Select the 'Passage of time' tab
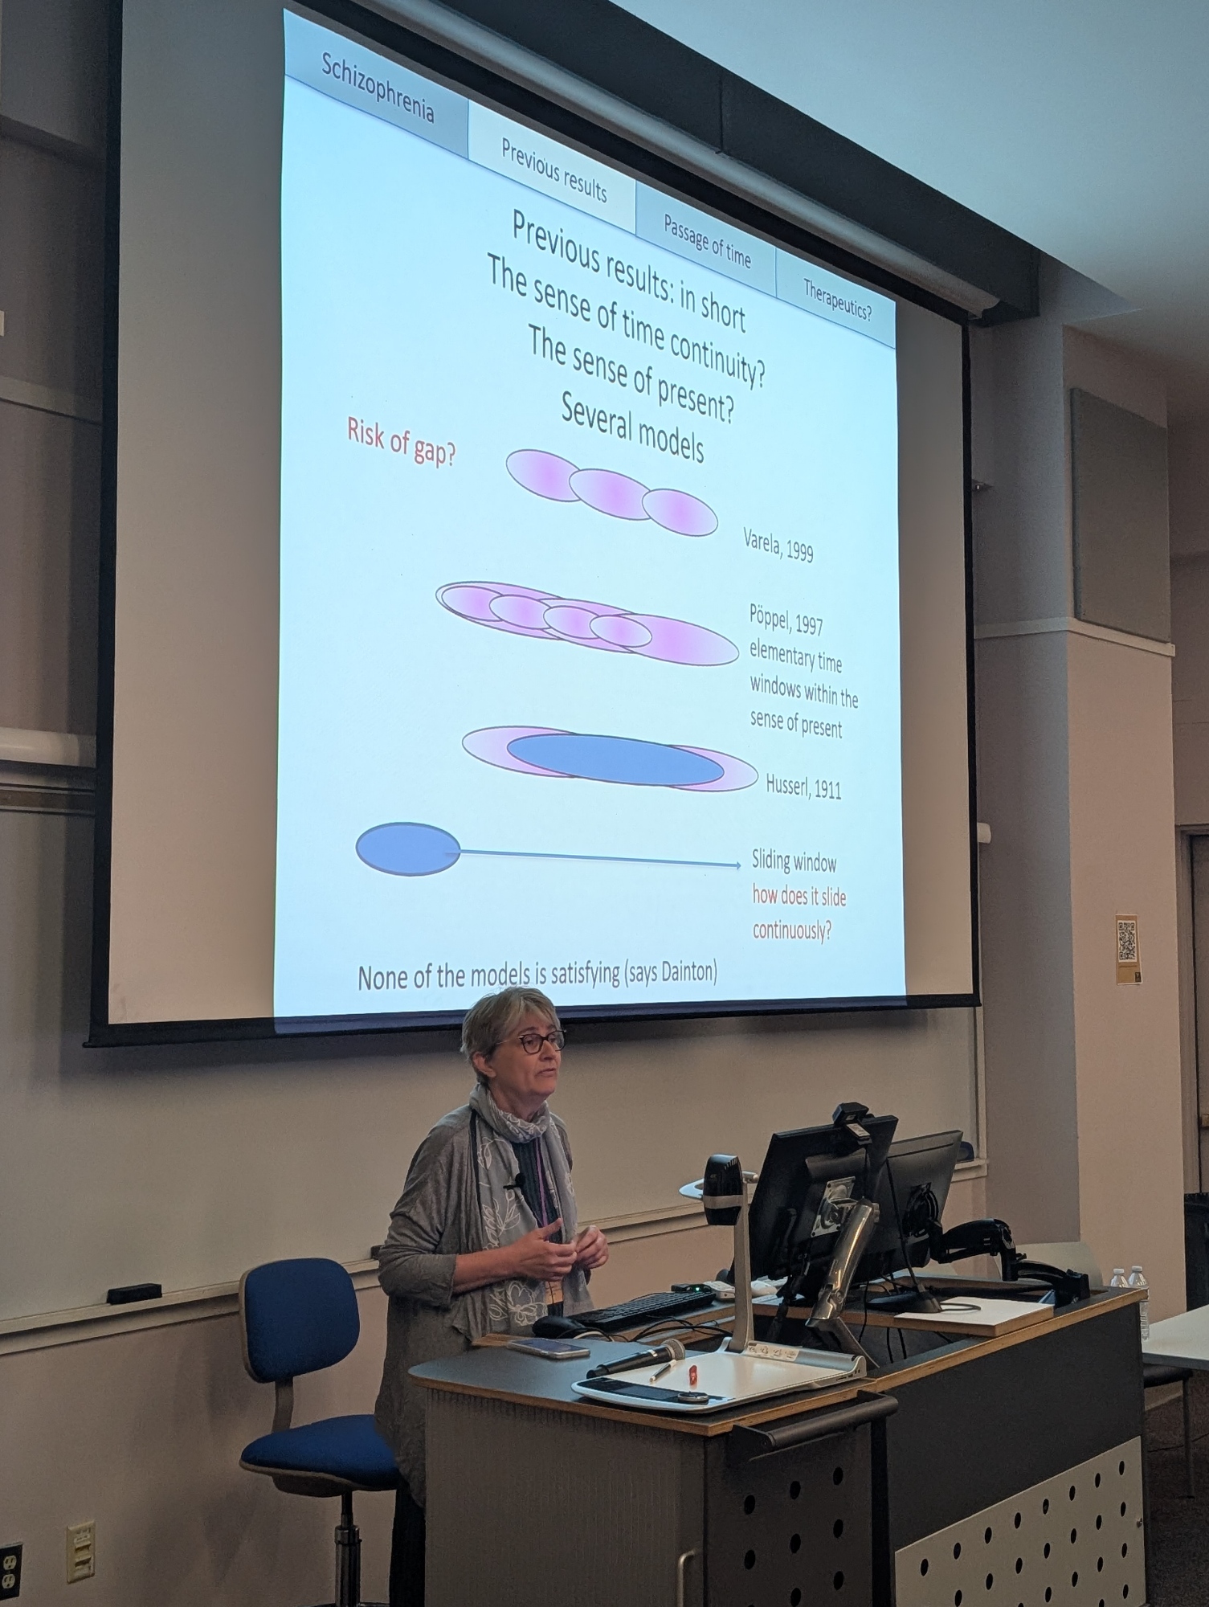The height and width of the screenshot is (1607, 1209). point(706,239)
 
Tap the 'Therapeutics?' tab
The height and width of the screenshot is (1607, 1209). point(837,299)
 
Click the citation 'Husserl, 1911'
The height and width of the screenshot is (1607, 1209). point(803,787)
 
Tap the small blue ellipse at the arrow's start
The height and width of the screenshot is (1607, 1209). point(408,848)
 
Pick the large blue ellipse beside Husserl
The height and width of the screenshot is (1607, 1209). point(615,759)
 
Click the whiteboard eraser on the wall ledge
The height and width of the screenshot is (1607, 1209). point(134,1294)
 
